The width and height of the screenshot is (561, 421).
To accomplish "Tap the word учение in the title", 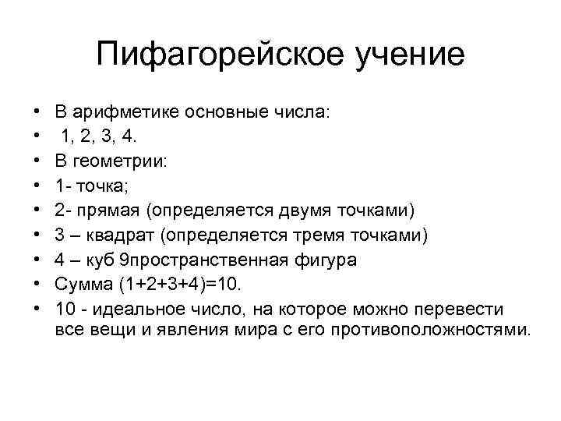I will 404,55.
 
